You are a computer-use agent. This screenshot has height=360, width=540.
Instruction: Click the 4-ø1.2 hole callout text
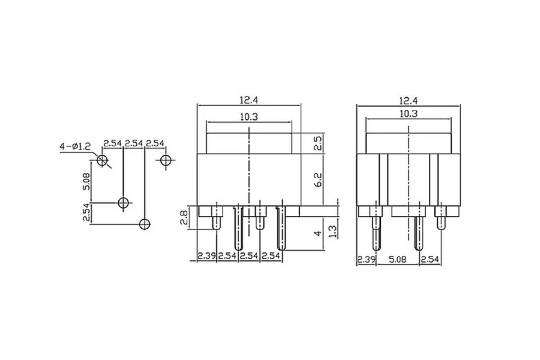tap(75, 146)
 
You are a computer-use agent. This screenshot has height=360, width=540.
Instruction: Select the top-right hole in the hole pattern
tap(166, 160)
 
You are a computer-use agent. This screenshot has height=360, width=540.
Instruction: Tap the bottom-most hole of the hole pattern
tap(144, 224)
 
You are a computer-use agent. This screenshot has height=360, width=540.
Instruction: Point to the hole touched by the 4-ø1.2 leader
tap(102, 160)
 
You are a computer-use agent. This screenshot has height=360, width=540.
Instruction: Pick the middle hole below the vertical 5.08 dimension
tap(123, 202)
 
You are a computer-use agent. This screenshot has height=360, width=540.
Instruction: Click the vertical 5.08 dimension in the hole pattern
tap(86, 181)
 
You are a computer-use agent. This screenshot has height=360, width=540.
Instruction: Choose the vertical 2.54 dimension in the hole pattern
tap(86, 212)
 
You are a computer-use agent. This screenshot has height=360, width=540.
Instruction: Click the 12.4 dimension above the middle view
tap(249, 100)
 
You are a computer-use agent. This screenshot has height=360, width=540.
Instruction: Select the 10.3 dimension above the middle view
tap(249, 117)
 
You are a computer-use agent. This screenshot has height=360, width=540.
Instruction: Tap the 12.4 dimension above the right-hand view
tap(409, 101)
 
